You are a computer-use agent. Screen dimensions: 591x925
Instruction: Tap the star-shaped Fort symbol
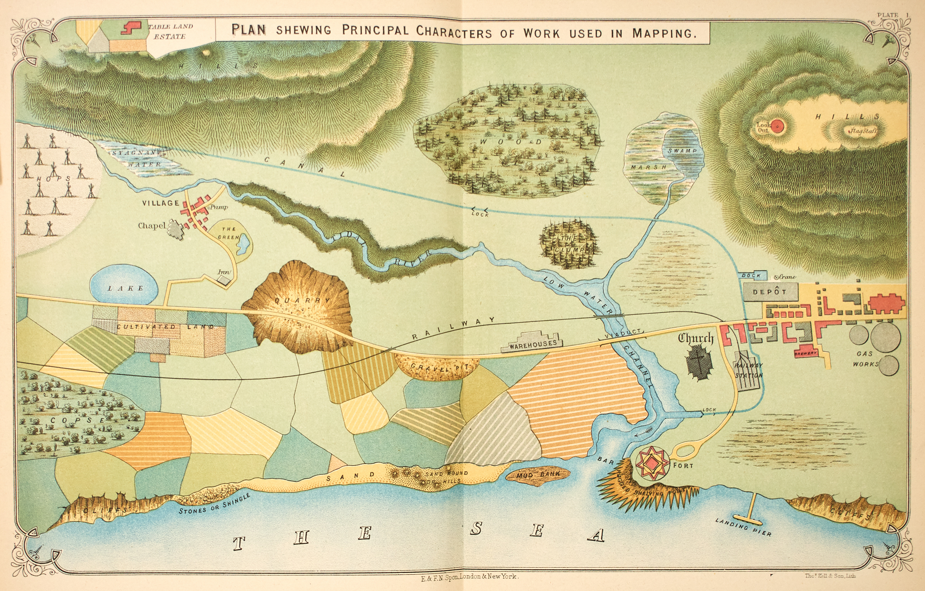pyautogui.click(x=652, y=462)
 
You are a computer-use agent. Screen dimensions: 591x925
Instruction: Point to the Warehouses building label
pyautogui.click(x=533, y=344)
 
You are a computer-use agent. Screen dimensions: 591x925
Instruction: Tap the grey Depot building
pyautogui.click(x=770, y=292)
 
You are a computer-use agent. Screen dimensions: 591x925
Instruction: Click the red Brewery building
pyautogui.click(x=806, y=352)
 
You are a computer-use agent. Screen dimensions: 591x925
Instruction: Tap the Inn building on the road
pyautogui.click(x=224, y=280)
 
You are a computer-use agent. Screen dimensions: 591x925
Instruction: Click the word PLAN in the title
pyautogui.click(x=248, y=30)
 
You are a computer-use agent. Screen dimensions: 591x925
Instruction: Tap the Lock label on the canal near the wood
pyautogui.click(x=480, y=214)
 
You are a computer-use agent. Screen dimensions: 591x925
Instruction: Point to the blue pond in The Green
pyautogui.click(x=243, y=244)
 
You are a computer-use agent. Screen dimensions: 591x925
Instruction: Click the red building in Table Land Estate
pyautogui.click(x=131, y=27)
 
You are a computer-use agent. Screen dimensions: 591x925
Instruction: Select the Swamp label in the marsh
pyautogui.click(x=682, y=151)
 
